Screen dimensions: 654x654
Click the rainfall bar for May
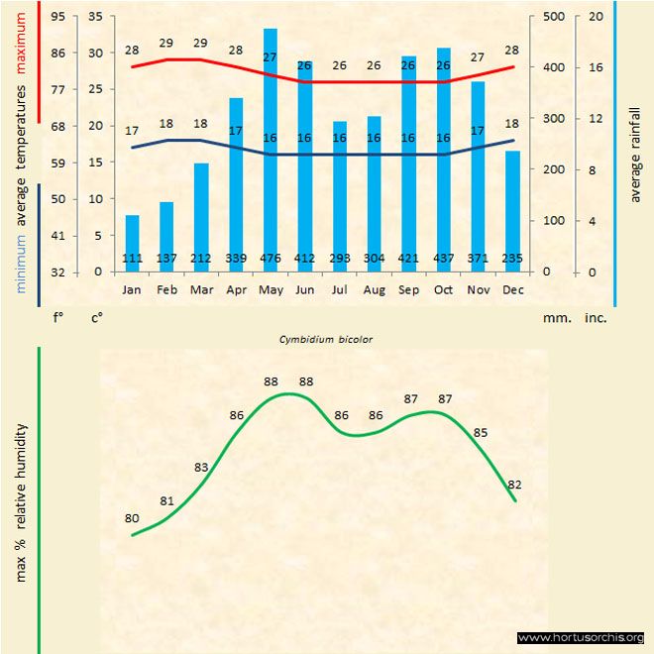pyautogui.click(x=270, y=149)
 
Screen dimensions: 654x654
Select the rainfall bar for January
pyautogui.click(x=132, y=243)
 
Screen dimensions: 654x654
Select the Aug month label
pyautogui.click(x=374, y=290)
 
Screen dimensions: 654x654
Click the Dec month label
pyautogui.click(x=512, y=290)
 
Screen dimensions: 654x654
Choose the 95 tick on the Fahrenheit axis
pyautogui.click(x=58, y=17)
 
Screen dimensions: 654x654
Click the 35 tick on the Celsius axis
pyautogui.click(x=95, y=17)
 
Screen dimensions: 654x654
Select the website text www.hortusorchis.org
pyautogui.click(x=581, y=637)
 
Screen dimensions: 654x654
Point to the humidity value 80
pyautogui.click(x=132, y=518)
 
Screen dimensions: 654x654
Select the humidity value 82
pyautogui.click(x=514, y=485)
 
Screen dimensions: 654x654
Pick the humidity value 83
pyautogui.click(x=201, y=467)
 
